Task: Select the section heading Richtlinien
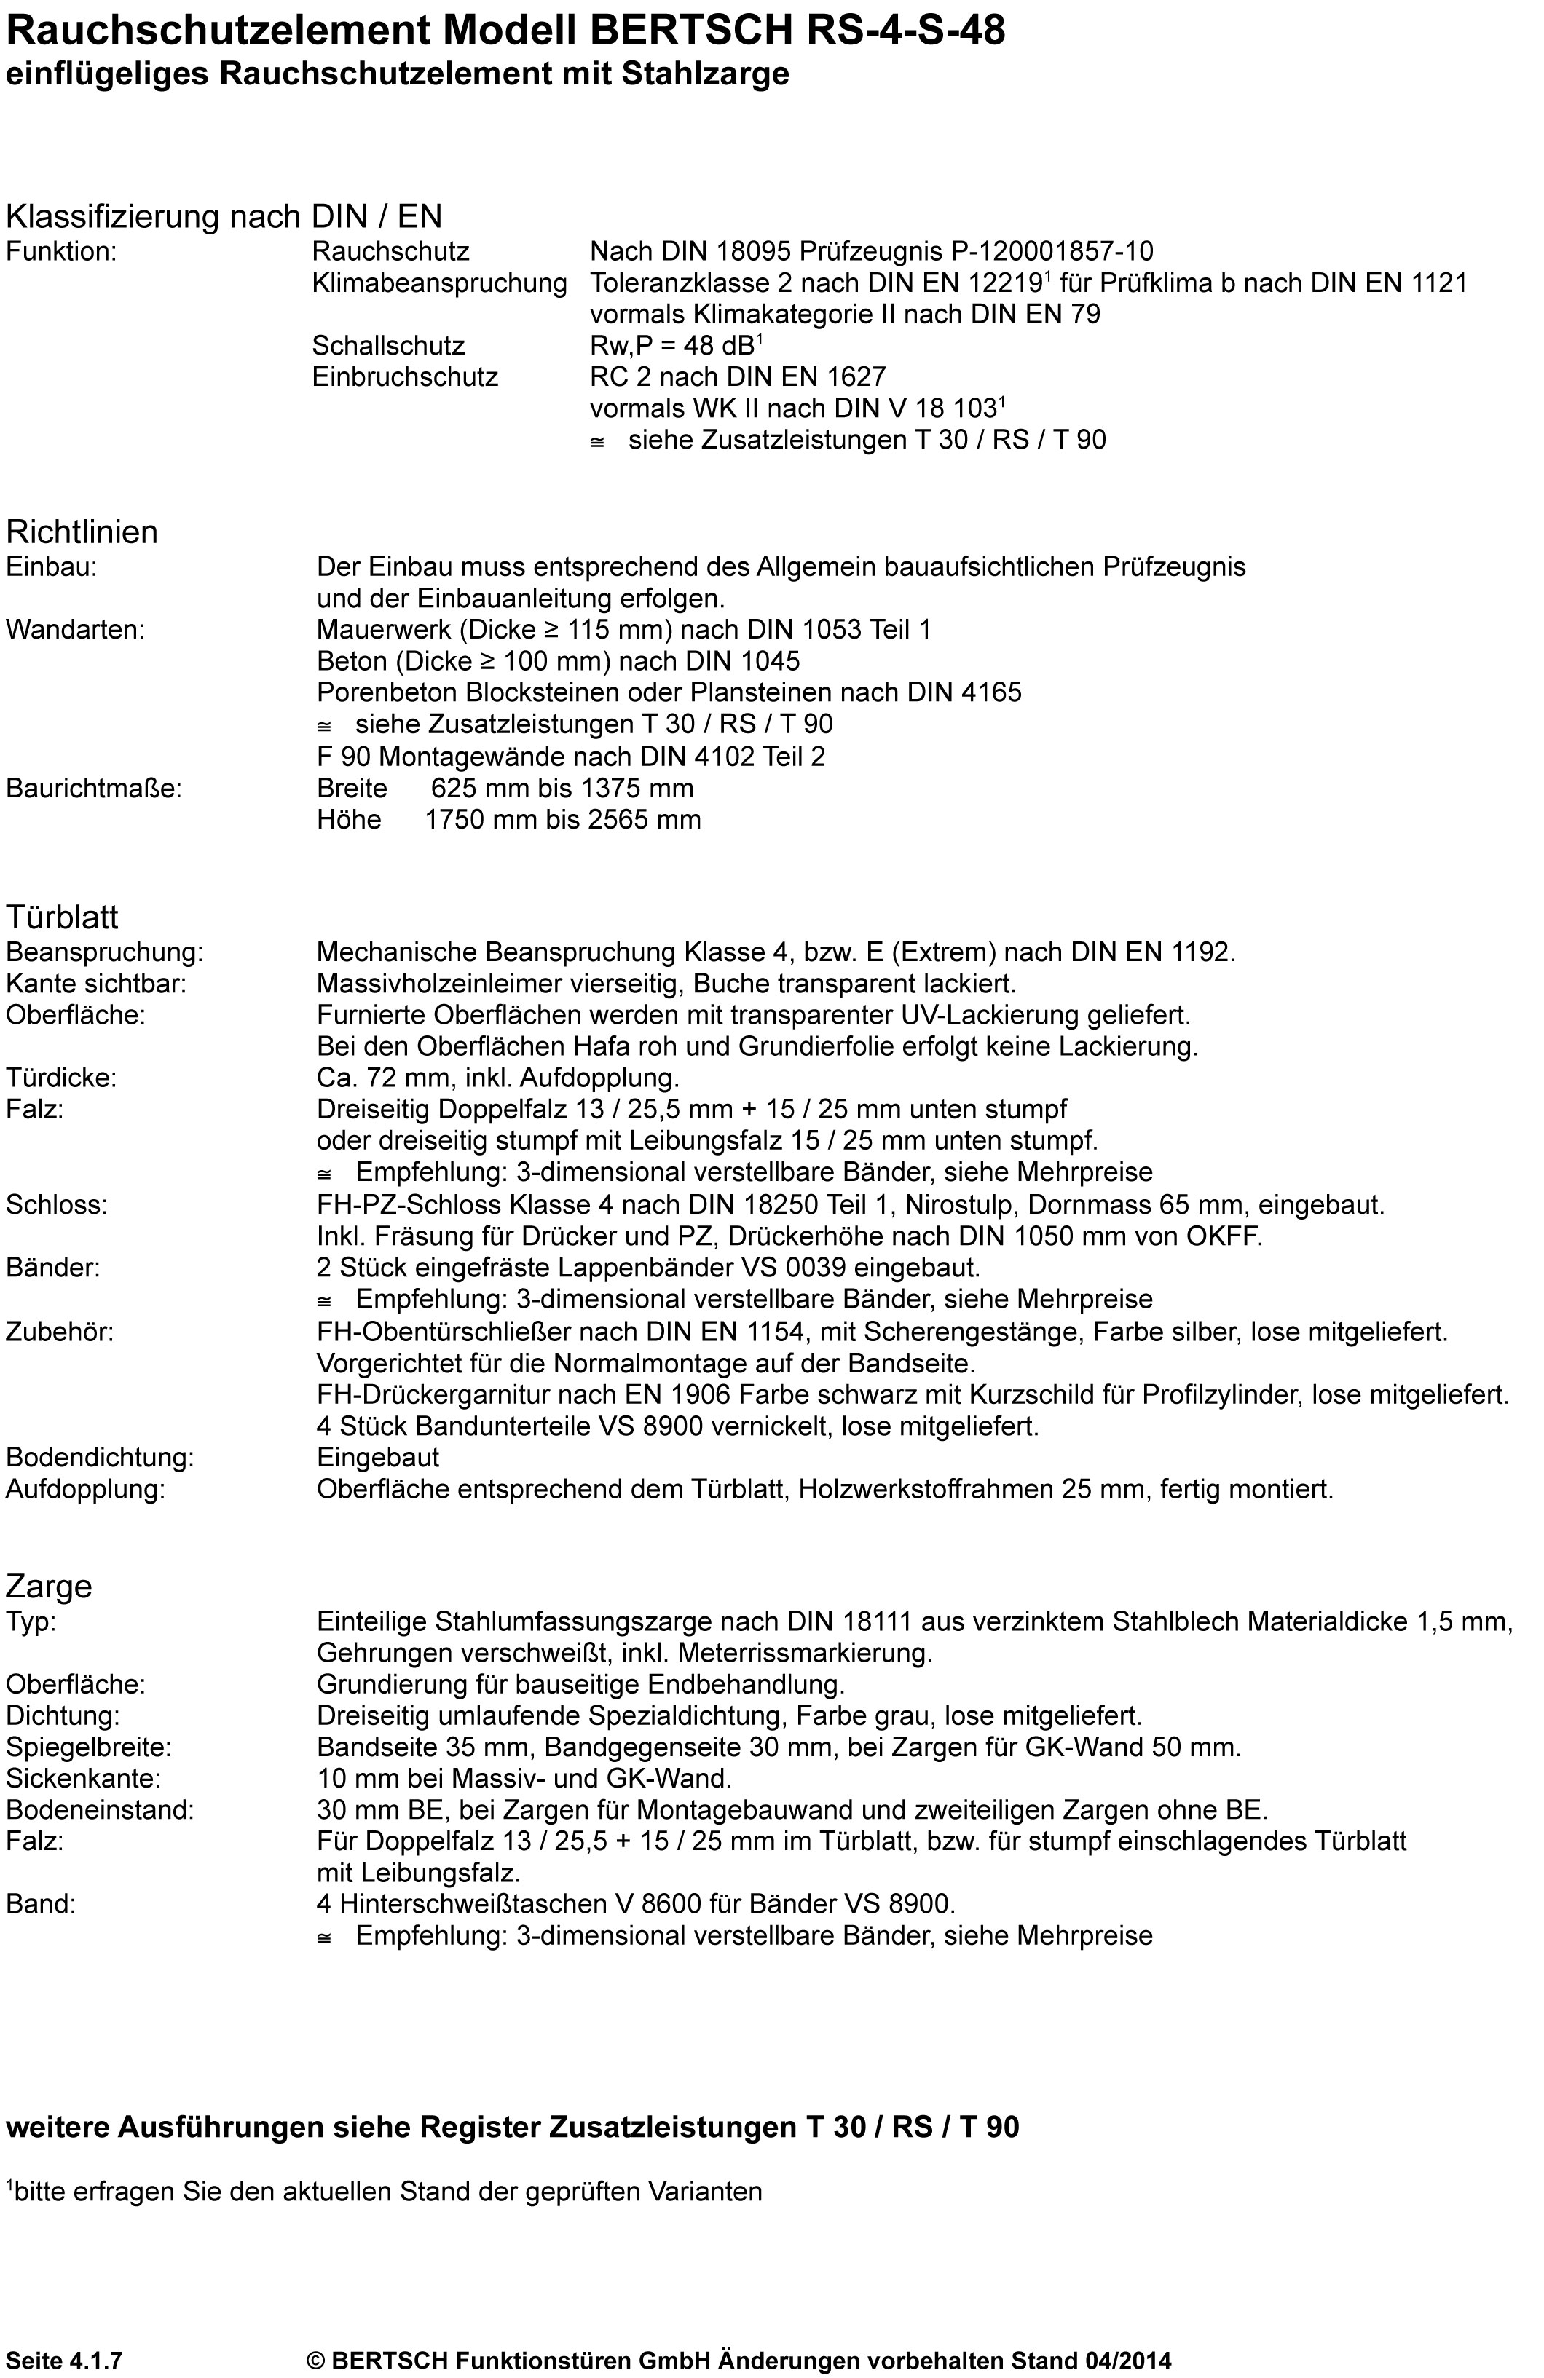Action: (x=82, y=532)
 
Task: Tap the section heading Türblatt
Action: (x=62, y=916)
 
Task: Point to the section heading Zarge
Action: (x=49, y=1586)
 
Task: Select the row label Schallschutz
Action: (x=387, y=346)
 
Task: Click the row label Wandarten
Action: (x=75, y=630)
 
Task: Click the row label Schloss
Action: (x=56, y=1204)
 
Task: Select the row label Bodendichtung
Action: (x=100, y=1458)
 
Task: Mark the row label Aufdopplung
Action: (x=85, y=1489)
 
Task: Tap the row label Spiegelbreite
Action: (x=89, y=1747)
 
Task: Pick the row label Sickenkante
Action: (x=83, y=1779)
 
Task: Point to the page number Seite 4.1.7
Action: (x=64, y=2360)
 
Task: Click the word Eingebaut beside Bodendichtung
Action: (x=378, y=1458)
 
